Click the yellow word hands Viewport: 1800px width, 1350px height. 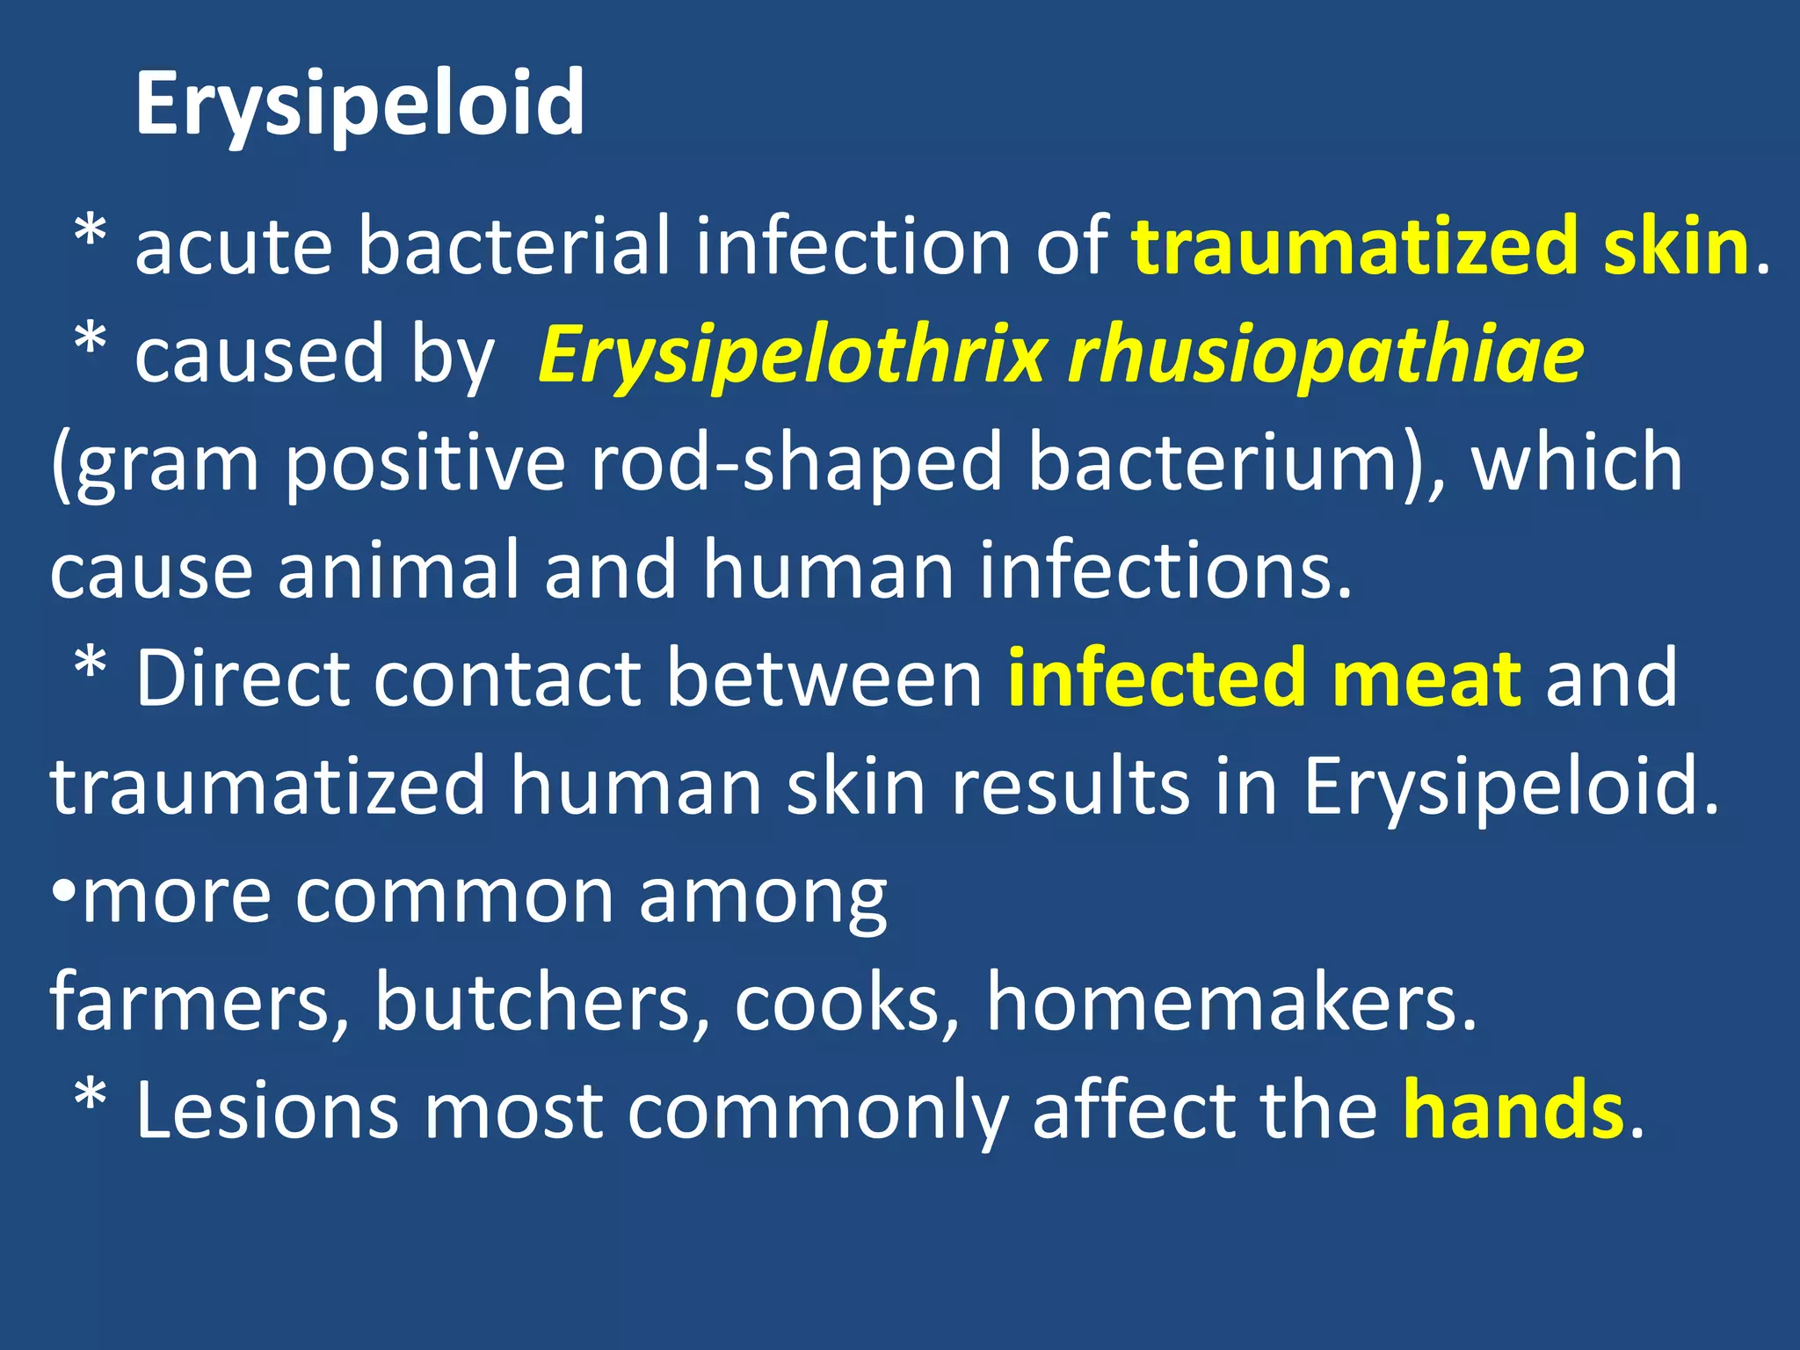tap(1513, 1110)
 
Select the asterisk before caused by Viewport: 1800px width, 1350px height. tap(91, 341)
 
